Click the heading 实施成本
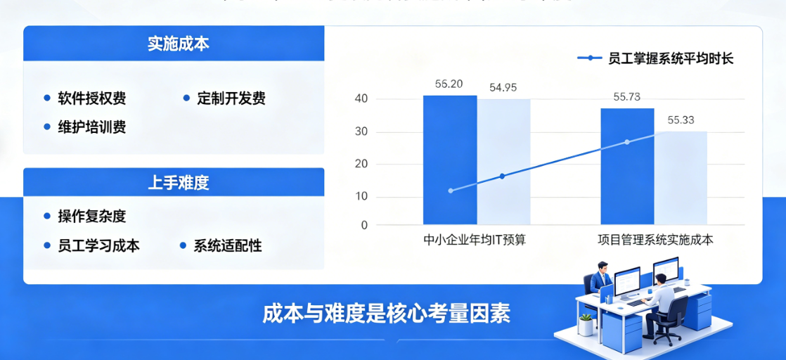178,44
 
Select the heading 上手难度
178,184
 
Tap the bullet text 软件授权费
91,98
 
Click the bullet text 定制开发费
231,98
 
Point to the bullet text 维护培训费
91,127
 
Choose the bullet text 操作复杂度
91,217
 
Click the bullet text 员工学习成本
98,245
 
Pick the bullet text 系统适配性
227,245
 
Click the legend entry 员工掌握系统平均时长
670,58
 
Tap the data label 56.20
449,84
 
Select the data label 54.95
503,88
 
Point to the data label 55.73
626,97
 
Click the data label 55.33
680,120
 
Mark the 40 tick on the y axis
361,99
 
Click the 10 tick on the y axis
361,196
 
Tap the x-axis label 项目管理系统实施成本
655,240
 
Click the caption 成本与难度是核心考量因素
386,314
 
